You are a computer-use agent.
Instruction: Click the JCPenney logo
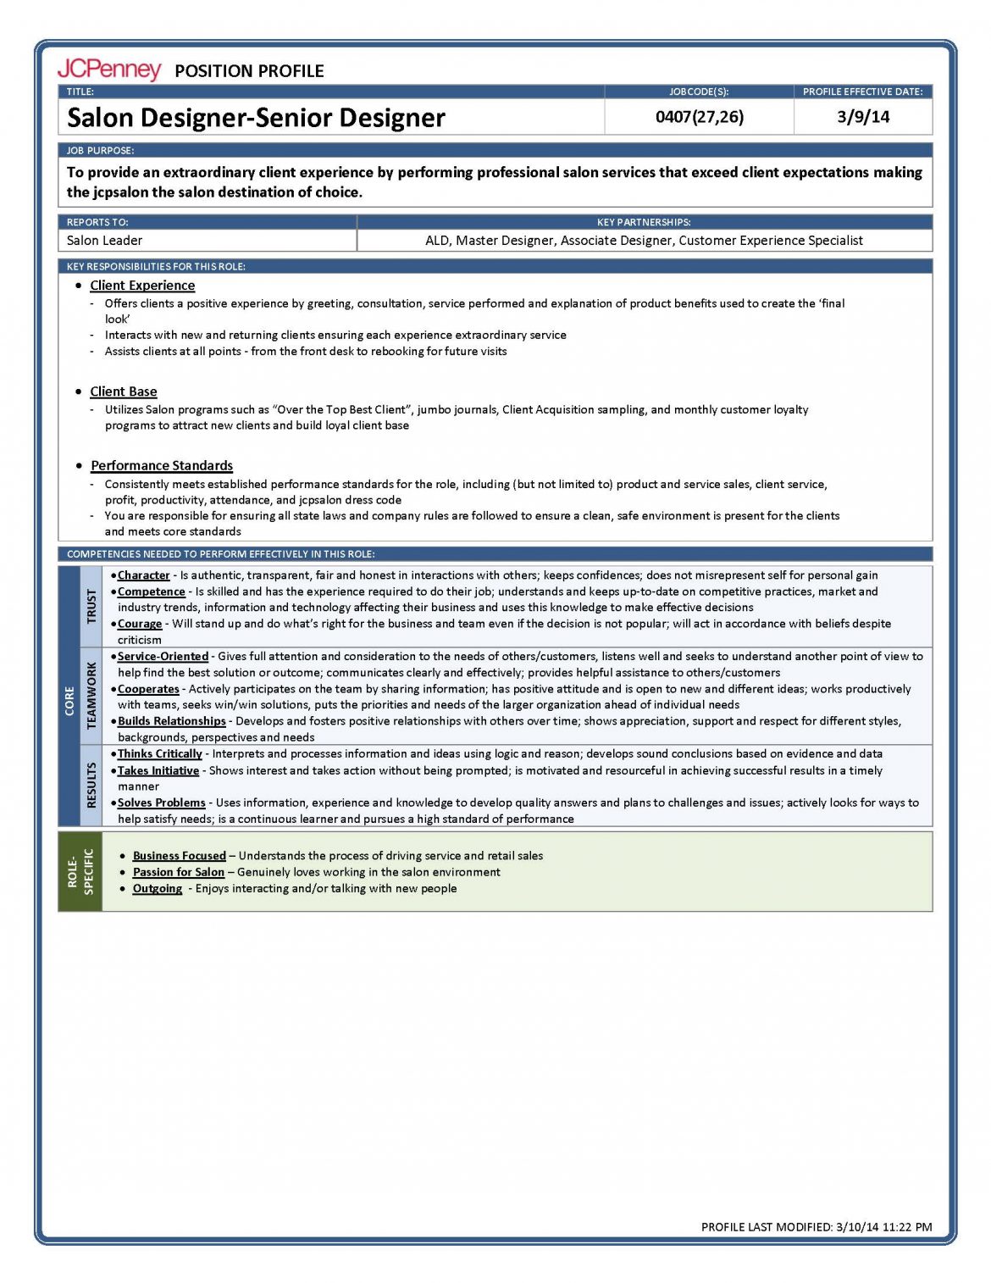108,69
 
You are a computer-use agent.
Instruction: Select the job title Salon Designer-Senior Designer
256,118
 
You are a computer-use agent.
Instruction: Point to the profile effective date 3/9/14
863,117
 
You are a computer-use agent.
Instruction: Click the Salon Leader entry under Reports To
105,241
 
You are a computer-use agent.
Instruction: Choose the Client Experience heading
142,286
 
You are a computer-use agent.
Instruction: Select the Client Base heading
124,392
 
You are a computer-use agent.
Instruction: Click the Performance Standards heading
162,465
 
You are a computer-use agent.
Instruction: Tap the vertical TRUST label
91,607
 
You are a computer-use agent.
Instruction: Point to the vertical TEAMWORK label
91,696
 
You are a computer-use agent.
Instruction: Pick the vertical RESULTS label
91,785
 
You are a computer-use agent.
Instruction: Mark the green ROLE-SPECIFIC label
80,871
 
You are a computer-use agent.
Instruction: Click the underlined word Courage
140,624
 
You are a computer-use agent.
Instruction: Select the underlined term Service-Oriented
163,656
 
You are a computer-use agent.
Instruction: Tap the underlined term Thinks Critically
160,753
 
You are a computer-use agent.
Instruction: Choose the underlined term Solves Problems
162,803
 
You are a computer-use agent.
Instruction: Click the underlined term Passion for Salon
179,872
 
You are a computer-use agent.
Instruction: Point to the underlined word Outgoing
158,888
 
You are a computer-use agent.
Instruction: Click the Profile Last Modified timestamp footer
817,1226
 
